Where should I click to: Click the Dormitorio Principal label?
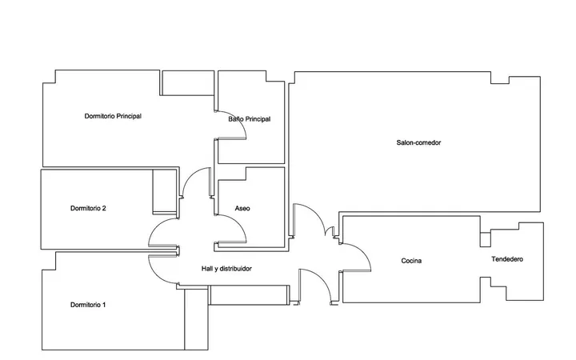tap(113, 116)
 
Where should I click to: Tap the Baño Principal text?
tap(250, 119)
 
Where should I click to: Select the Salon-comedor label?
tap(418, 142)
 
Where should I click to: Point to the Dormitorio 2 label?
tap(88, 208)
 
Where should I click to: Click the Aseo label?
tap(242, 208)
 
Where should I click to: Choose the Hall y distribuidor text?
tap(226, 269)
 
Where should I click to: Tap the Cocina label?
tap(411, 261)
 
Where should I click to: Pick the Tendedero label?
tap(507, 259)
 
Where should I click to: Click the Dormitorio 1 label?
tap(88, 305)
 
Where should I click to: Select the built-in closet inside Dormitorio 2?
tap(165, 191)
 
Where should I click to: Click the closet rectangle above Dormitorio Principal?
tap(188, 83)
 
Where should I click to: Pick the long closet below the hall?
tap(249, 295)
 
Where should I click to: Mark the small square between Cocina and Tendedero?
tap(486, 239)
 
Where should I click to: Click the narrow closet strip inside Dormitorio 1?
tap(196, 319)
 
